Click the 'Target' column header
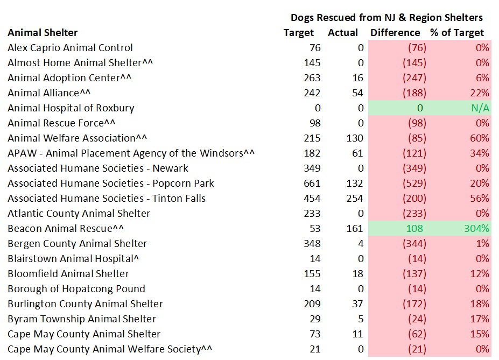click(x=298, y=33)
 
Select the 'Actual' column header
click(x=343, y=33)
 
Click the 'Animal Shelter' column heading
click(x=43, y=33)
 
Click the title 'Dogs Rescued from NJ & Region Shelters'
click(x=386, y=18)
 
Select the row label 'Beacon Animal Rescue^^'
click(x=66, y=229)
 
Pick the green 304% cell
click(x=476, y=229)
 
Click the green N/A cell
click(x=480, y=108)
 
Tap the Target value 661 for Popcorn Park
click(x=312, y=183)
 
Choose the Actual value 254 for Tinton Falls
click(x=355, y=199)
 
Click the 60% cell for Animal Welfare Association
click(x=479, y=138)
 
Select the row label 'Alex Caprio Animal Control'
click(x=70, y=48)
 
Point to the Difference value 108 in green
click(x=414, y=229)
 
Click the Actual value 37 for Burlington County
click(x=357, y=304)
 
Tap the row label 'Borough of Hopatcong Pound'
click(x=76, y=289)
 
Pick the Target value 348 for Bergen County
click(x=312, y=244)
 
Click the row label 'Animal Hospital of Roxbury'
click(x=71, y=108)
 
